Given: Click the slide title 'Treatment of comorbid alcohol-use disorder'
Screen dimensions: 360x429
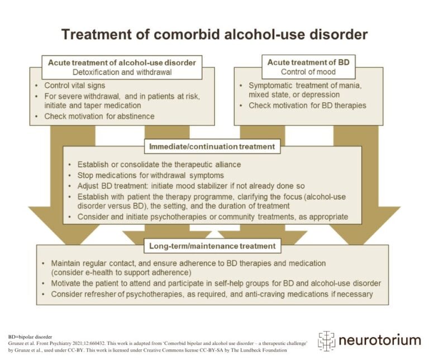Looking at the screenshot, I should coord(214,35).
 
